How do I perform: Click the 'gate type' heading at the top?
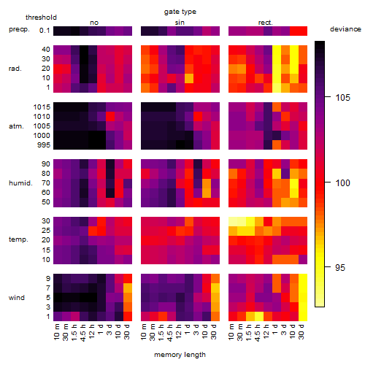click(180, 12)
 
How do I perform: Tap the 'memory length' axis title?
click(180, 355)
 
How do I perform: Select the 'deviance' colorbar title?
click(345, 29)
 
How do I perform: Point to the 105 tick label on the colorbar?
click(342, 98)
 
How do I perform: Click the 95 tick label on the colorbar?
click(340, 268)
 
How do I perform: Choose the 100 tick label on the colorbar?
click(342, 182)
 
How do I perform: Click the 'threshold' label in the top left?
click(41, 18)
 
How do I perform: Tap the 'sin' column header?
click(180, 23)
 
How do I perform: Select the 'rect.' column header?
click(266, 23)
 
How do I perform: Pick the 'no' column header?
click(94, 23)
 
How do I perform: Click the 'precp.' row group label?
click(19, 29)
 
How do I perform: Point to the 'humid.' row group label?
click(20, 183)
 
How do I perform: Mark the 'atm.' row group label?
click(16, 126)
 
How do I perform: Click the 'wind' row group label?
click(17, 298)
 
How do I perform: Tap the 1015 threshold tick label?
click(42, 107)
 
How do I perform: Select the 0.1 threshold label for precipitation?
click(45, 31)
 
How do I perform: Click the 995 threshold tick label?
click(44, 145)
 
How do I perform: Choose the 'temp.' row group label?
click(18, 239)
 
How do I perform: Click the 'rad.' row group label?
click(15, 69)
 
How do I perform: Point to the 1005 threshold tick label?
click(42, 126)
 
